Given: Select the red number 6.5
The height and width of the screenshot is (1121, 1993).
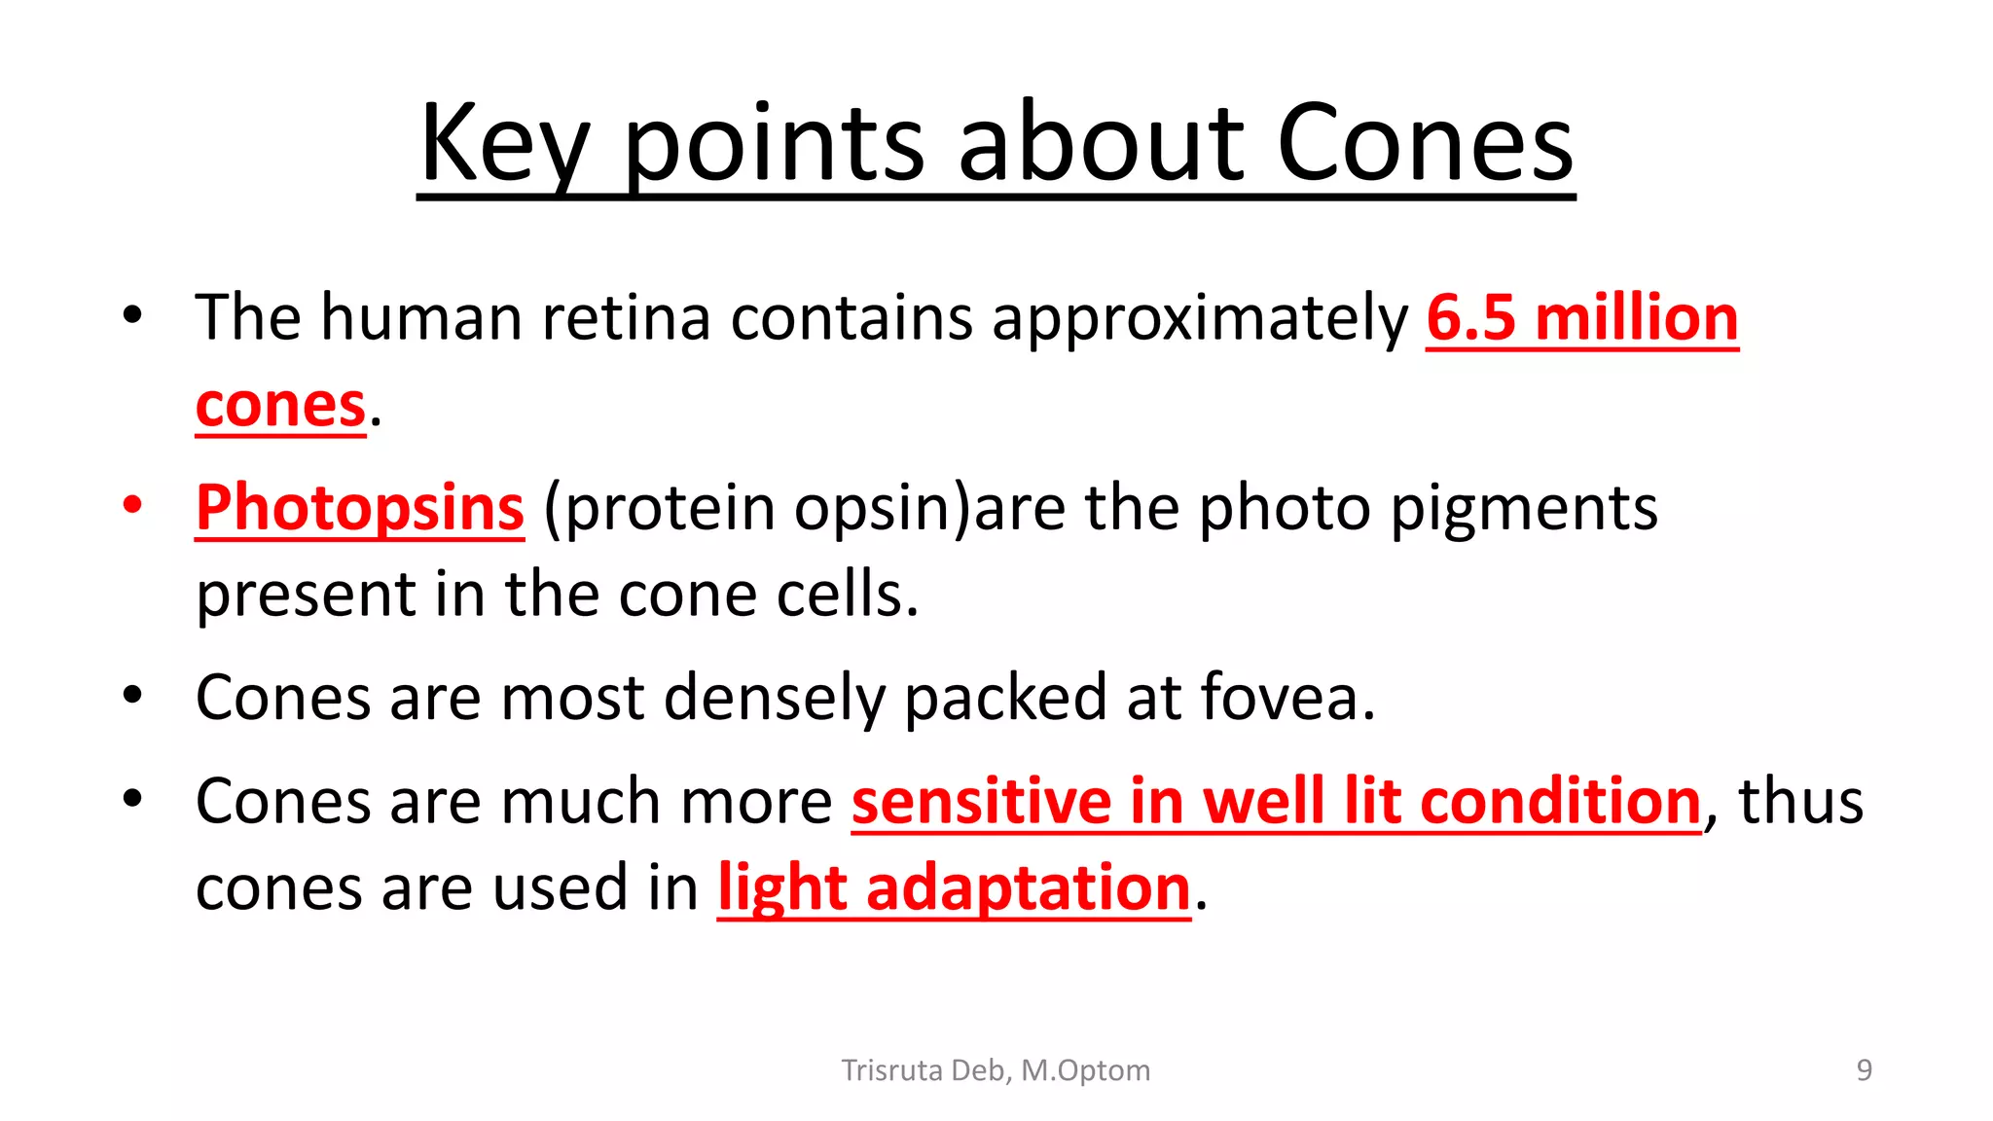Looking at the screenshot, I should tap(1470, 318).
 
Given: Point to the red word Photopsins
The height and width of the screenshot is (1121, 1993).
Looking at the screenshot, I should tap(360, 508).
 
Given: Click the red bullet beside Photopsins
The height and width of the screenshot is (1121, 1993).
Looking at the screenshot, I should tap(132, 504).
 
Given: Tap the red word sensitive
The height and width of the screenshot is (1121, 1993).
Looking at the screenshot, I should tap(981, 802).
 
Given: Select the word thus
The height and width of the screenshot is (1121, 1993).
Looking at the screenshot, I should tap(1800, 802).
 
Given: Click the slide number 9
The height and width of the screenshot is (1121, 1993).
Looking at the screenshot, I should tap(1864, 1070).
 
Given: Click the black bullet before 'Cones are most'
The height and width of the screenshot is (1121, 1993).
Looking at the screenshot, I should tap(132, 695).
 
